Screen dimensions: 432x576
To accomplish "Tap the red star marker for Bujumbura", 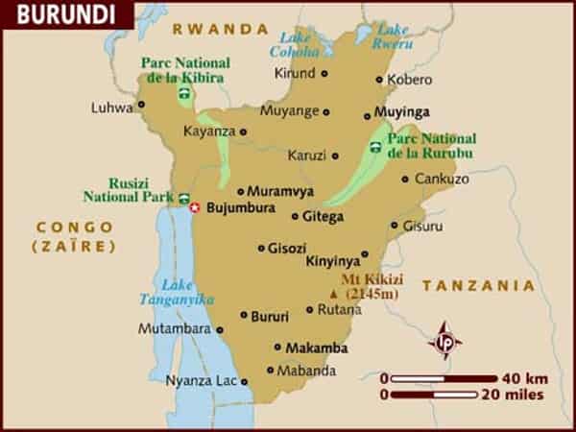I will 195,207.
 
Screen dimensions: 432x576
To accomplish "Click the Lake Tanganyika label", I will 188,292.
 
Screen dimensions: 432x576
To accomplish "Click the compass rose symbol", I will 444,341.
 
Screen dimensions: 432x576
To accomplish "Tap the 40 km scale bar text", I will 522,377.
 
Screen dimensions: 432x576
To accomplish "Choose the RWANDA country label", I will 227,29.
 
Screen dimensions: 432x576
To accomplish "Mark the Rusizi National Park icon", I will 183,198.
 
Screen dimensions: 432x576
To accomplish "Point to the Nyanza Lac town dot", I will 244,381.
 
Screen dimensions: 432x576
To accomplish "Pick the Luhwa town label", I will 111,108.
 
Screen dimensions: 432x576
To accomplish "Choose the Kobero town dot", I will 379,80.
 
